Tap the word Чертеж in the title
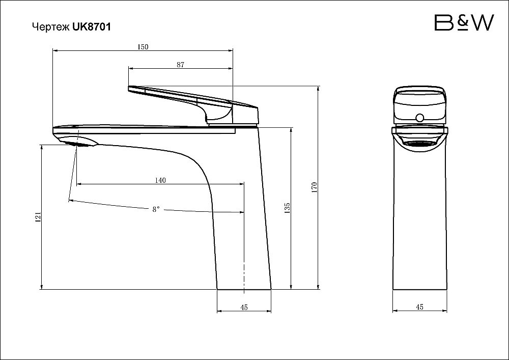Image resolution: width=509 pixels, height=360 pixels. tap(50, 27)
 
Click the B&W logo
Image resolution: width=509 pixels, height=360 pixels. tap(464, 23)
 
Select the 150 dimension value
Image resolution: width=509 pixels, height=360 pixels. tap(143, 47)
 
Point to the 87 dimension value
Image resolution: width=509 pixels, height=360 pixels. tap(181, 65)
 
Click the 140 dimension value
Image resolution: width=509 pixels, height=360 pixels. tap(160, 180)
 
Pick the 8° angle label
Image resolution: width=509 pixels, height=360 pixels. tap(156, 209)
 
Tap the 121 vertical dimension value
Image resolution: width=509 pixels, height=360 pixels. tap(38, 217)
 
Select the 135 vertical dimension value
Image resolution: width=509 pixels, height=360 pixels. tap(287, 208)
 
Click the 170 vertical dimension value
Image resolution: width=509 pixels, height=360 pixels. tap(314, 188)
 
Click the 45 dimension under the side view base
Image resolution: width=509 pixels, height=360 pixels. tap(244, 307)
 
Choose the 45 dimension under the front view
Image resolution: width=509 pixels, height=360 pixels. tap(419, 307)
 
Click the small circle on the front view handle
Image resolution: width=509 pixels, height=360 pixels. tap(420, 118)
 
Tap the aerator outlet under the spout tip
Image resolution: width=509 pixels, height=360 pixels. tap(82, 145)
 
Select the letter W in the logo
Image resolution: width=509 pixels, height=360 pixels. tap(482, 23)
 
